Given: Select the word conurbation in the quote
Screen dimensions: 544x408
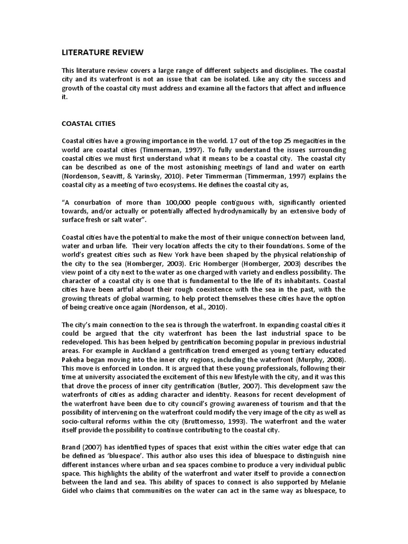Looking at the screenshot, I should (x=93, y=202).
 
